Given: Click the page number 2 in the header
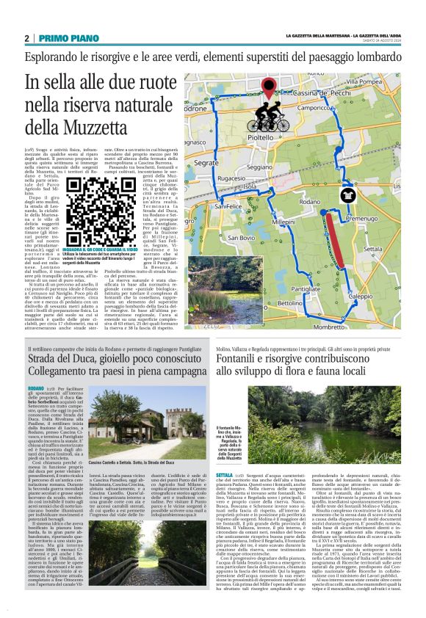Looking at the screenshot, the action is pos(27,37).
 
